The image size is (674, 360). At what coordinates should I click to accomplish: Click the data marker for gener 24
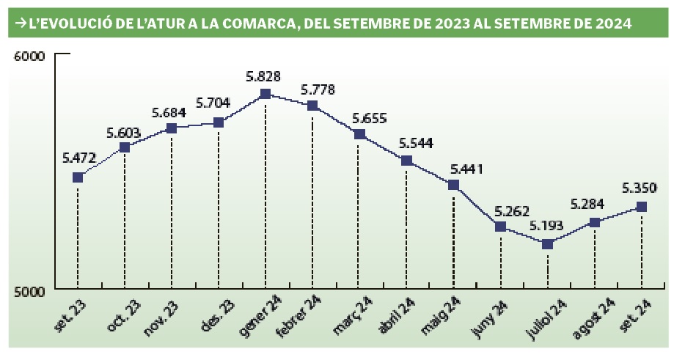(265, 94)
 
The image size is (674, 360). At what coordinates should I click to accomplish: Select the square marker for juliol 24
(547, 243)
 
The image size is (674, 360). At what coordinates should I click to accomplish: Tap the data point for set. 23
(78, 177)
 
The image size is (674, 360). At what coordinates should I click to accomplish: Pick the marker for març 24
(359, 134)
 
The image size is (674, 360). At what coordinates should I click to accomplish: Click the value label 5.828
(264, 76)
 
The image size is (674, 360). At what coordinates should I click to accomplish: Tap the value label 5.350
(640, 188)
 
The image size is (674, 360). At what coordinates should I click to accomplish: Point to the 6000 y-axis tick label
(30, 56)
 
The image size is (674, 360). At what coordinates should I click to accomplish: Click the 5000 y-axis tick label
(30, 291)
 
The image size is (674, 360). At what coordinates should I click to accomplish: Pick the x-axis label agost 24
(593, 317)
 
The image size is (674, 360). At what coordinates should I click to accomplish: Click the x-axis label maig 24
(440, 316)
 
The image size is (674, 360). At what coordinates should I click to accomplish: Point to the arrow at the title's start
(18, 23)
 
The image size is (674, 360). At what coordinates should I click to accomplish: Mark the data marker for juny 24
(500, 227)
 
